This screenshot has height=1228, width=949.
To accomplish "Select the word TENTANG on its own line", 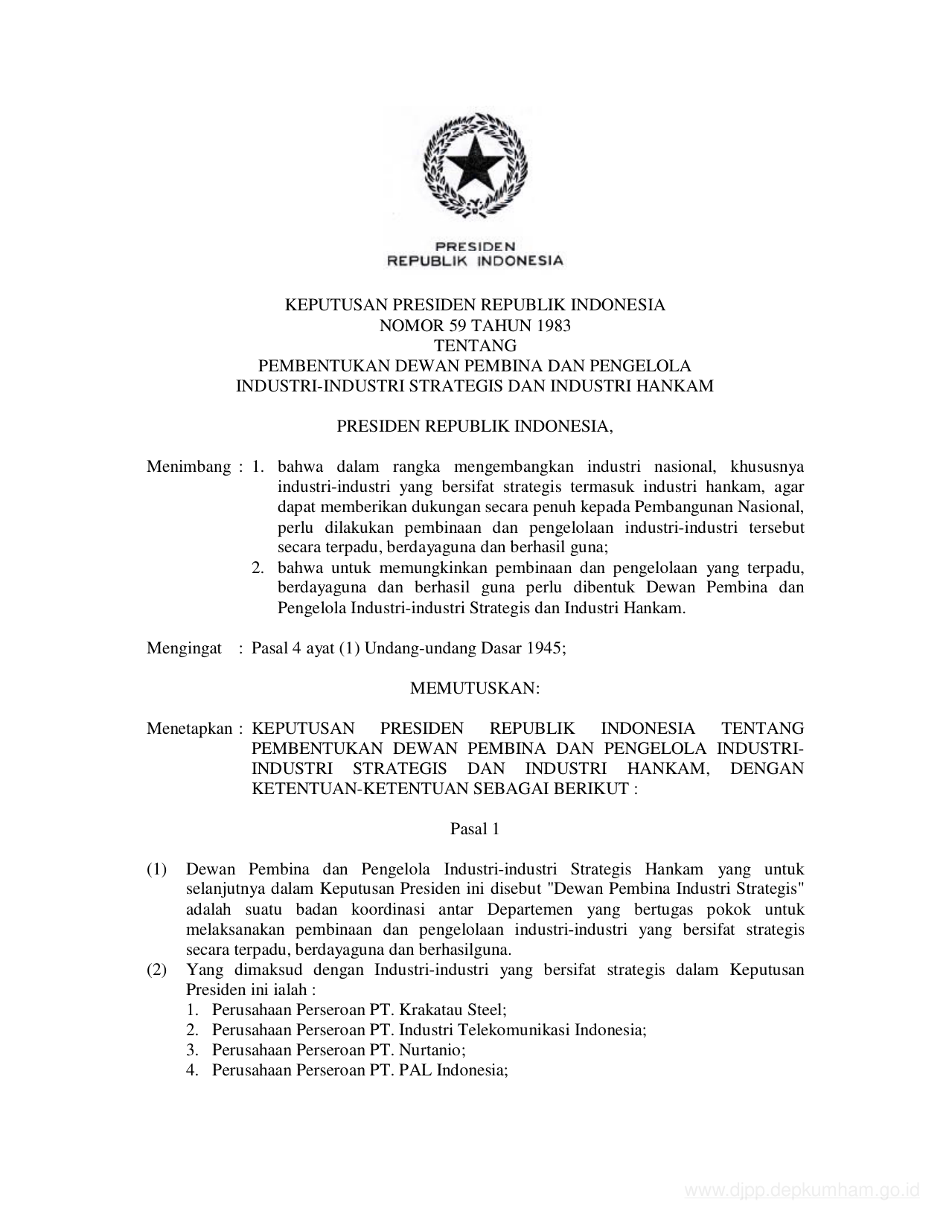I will [475, 345].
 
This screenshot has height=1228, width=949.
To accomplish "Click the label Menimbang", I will [188, 467].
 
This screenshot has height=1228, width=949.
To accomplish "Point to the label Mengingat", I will [184, 648].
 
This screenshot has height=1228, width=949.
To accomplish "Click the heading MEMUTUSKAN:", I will [475, 688].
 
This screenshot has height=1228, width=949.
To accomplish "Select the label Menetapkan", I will [190, 729].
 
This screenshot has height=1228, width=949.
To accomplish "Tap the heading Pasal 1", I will [474, 829].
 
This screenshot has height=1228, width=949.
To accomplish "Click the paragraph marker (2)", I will [156, 970].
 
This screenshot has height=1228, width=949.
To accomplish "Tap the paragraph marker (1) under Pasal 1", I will [156, 869].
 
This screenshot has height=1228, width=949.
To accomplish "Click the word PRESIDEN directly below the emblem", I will [475, 246].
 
